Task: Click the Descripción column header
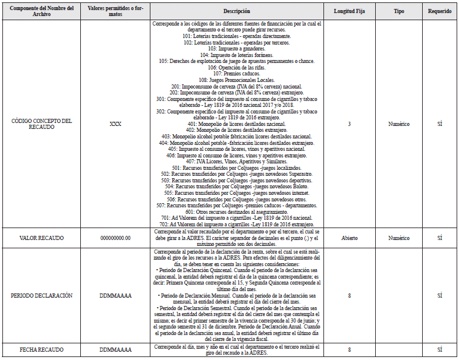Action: click(x=237, y=11)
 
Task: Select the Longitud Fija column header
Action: click(x=349, y=11)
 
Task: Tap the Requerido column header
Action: click(x=440, y=11)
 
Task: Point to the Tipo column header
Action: click(x=398, y=11)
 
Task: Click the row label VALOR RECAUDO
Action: click(x=41, y=237)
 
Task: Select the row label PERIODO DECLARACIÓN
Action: click(x=41, y=295)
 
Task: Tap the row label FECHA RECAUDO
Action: click(x=41, y=350)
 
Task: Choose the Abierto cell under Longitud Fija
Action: click(x=349, y=237)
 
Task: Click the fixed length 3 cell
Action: click(x=349, y=125)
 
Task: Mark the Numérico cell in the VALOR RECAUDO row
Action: click(x=398, y=237)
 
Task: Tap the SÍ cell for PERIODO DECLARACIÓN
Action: click(x=440, y=295)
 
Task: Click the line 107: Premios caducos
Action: click(x=237, y=74)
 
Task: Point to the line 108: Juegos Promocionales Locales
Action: click(x=237, y=80)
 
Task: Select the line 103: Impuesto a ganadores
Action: click(x=237, y=49)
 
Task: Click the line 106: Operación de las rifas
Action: click(x=237, y=67)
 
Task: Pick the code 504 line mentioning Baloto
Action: click(x=237, y=187)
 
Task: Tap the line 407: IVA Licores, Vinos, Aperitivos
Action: click(x=237, y=162)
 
